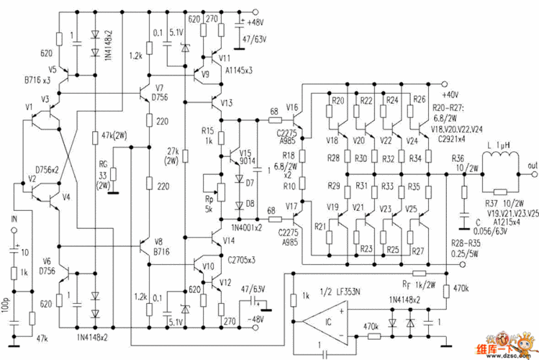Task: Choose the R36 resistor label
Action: point(456,158)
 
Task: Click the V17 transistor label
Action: point(292,207)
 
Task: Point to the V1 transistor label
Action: point(29,107)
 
